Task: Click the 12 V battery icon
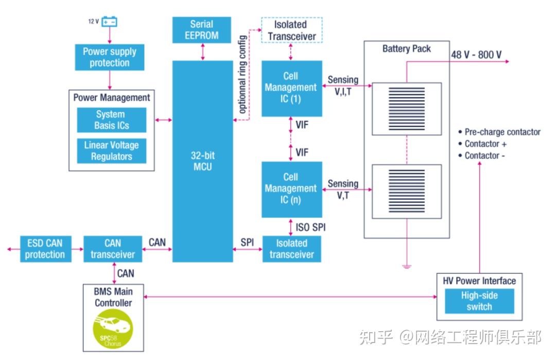[109, 22]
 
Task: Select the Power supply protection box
[110, 57]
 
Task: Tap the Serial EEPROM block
[202, 30]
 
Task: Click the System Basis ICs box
[112, 120]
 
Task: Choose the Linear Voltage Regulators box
[112, 151]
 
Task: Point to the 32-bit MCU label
[203, 161]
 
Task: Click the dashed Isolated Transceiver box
[292, 30]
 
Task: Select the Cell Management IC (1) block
[292, 88]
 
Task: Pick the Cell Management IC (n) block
[292, 190]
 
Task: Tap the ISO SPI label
[310, 227]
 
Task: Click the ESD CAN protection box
[46, 249]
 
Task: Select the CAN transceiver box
[113, 249]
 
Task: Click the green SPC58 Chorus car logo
[113, 329]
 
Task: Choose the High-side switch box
[479, 301]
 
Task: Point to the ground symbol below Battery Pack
[407, 266]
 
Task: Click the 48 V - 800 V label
[476, 55]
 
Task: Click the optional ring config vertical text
[242, 75]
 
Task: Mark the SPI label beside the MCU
[247, 242]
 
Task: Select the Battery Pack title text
[407, 48]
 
